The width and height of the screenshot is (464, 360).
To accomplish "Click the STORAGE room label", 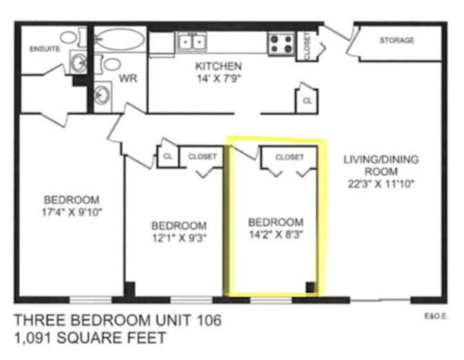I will [x=397, y=40].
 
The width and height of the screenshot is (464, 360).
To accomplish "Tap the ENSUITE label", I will [x=44, y=49].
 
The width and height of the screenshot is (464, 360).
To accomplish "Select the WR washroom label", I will [x=128, y=79].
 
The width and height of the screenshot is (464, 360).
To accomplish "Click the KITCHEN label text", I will [x=218, y=66].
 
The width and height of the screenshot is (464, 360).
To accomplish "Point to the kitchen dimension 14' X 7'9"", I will [x=218, y=78].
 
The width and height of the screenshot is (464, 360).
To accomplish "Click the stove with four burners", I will [x=281, y=44].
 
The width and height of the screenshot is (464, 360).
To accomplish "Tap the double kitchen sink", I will [x=193, y=43].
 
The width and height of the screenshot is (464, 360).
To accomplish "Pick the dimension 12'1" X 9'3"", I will [x=179, y=238].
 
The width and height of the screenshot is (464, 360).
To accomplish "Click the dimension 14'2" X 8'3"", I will [x=275, y=234].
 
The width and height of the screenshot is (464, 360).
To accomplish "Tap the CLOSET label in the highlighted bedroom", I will [x=289, y=158].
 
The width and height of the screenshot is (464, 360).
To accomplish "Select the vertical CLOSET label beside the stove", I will [x=307, y=45].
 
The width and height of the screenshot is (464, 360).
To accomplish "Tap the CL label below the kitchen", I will [x=307, y=101].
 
